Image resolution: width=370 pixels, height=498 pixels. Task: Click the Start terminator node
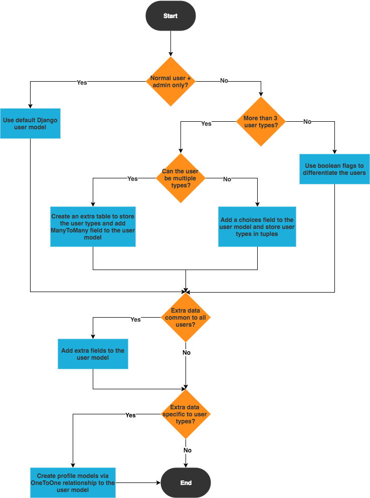[x=170, y=16]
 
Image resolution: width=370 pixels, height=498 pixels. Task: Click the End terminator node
[x=186, y=483]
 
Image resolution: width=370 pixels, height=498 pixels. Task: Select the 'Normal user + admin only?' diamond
[x=170, y=81]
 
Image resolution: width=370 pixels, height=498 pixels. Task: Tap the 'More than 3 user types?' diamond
[x=260, y=122]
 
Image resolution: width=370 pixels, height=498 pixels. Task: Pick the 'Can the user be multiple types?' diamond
[x=180, y=178]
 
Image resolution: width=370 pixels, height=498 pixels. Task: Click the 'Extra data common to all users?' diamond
[x=186, y=318]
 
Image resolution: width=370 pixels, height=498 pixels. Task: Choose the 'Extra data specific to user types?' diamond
[x=186, y=414]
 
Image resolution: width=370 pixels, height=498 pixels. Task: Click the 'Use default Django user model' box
[x=31, y=123]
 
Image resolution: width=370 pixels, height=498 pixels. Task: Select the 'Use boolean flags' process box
[x=334, y=169]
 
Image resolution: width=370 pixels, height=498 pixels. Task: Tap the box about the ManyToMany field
[x=93, y=226]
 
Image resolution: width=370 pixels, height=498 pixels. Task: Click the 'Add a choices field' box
[x=257, y=227]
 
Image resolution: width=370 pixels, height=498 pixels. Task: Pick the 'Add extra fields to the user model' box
[x=93, y=354]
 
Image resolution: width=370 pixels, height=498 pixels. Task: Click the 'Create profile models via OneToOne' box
[x=73, y=483]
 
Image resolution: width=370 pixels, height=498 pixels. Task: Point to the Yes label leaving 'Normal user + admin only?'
[x=82, y=82]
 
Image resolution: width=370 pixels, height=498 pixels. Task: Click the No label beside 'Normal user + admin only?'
[x=224, y=81]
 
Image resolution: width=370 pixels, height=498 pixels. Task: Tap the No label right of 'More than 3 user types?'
[x=307, y=121]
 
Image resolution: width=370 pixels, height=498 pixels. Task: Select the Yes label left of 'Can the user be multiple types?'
[x=132, y=178]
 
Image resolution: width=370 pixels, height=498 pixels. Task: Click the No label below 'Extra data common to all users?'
[x=187, y=353]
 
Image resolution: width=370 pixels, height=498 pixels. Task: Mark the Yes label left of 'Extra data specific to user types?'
[x=130, y=415]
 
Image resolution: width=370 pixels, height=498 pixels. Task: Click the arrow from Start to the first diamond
[x=170, y=43]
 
